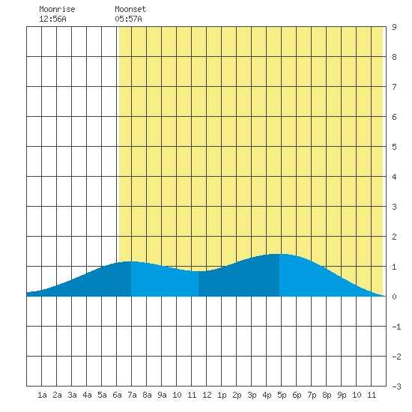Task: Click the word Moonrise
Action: [x=57, y=9]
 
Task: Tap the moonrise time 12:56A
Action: [x=52, y=19]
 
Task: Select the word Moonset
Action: [x=130, y=9]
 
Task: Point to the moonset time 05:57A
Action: [x=128, y=19]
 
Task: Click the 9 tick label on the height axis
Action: [x=394, y=27]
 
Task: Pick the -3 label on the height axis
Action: [x=396, y=387]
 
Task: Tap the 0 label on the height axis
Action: [x=394, y=297]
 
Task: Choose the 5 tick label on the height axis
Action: [x=394, y=147]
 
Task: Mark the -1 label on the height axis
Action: [x=396, y=327]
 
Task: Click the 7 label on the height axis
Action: [x=394, y=87]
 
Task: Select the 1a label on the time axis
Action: [x=42, y=395]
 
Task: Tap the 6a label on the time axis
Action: [x=117, y=395]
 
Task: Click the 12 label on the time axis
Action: [x=207, y=395]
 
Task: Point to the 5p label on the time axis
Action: [x=282, y=395]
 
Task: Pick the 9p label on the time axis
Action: [x=342, y=395]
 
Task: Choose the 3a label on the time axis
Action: [x=72, y=395]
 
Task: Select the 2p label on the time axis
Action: [x=237, y=395]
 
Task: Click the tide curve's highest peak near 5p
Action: [x=279, y=254]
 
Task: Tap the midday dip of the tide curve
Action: [x=199, y=271]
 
